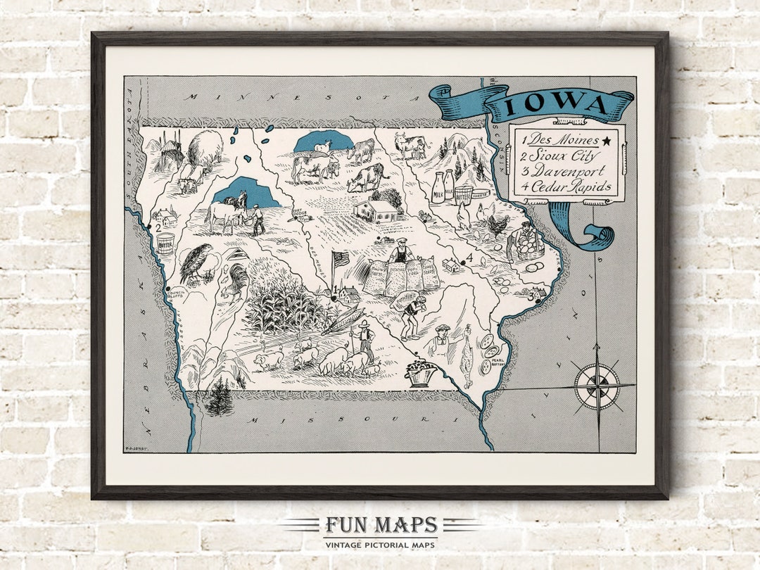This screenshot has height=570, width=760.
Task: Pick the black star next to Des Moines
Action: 606,141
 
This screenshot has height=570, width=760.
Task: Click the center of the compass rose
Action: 597,386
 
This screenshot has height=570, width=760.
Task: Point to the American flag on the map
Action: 341,260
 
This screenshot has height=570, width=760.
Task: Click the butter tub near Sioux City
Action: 165,243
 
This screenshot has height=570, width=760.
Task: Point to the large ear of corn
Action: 343,319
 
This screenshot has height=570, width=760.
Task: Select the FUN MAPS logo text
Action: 381,525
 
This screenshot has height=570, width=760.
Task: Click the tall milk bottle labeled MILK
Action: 438,189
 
